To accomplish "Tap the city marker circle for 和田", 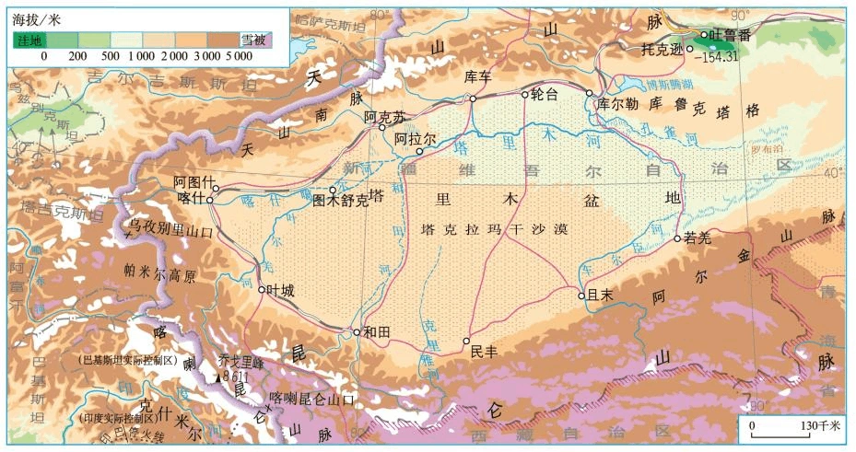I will (x=357, y=332).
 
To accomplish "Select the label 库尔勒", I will (x=617, y=104).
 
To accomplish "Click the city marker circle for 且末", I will (x=581, y=296).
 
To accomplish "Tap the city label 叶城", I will (x=281, y=291).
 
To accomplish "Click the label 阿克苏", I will (x=384, y=117).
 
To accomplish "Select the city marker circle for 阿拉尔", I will (x=419, y=152).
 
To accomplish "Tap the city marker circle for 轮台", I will (x=525, y=94).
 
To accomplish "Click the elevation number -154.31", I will (x=720, y=56).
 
